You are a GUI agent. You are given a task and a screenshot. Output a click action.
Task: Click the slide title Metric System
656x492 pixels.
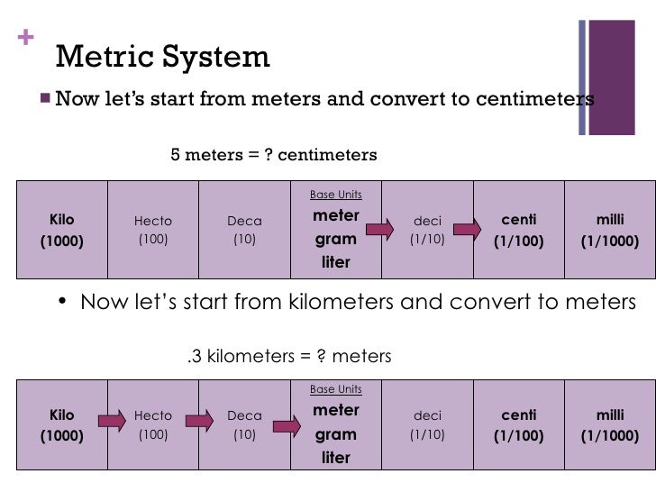pos(162,58)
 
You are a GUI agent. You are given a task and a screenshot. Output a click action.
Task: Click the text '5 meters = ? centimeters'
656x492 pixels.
pos(274,155)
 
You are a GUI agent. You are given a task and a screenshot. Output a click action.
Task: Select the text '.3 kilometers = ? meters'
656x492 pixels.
pos(288,356)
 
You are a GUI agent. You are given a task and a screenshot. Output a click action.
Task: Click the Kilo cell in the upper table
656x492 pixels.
pos(62,230)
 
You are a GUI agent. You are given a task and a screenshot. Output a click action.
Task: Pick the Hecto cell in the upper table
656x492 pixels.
pos(153,230)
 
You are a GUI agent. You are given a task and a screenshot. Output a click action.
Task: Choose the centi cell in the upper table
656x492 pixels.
pos(518,230)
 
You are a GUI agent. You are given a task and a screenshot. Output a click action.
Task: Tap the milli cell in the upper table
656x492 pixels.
pos(610,230)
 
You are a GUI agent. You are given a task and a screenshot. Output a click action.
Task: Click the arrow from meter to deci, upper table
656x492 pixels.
pos(378,230)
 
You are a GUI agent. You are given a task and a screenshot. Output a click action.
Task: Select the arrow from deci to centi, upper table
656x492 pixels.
pos(467,230)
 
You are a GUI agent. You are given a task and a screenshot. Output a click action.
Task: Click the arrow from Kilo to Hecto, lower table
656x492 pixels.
pos(112,421)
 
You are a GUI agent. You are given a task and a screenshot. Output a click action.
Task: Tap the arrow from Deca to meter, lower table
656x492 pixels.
pos(288,421)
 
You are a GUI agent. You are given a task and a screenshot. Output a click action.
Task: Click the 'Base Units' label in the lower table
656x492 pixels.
pos(336,389)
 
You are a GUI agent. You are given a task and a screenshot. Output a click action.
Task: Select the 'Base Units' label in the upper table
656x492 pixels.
pos(336,195)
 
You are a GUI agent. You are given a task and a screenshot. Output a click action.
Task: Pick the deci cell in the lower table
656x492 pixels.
pos(427,424)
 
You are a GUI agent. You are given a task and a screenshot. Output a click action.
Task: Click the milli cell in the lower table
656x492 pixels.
pos(610,424)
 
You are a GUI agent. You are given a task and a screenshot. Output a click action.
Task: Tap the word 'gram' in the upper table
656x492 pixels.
pos(336,240)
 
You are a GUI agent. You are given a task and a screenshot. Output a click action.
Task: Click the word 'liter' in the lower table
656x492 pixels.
pos(336,458)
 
